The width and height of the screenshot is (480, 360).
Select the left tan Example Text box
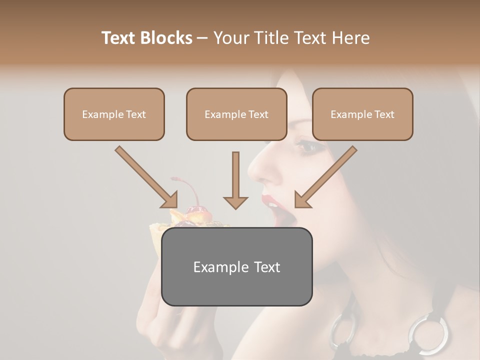[x=114, y=114]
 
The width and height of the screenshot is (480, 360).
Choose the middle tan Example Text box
[x=236, y=114]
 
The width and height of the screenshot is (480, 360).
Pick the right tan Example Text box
[x=362, y=114]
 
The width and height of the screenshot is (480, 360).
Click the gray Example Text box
[x=236, y=266]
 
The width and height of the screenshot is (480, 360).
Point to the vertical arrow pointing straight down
[x=235, y=182]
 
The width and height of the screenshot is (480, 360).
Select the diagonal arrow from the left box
[x=147, y=177]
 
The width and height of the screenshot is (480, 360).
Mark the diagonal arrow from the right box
[x=325, y=177]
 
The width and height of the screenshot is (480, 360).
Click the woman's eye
[x=306, y=146]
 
